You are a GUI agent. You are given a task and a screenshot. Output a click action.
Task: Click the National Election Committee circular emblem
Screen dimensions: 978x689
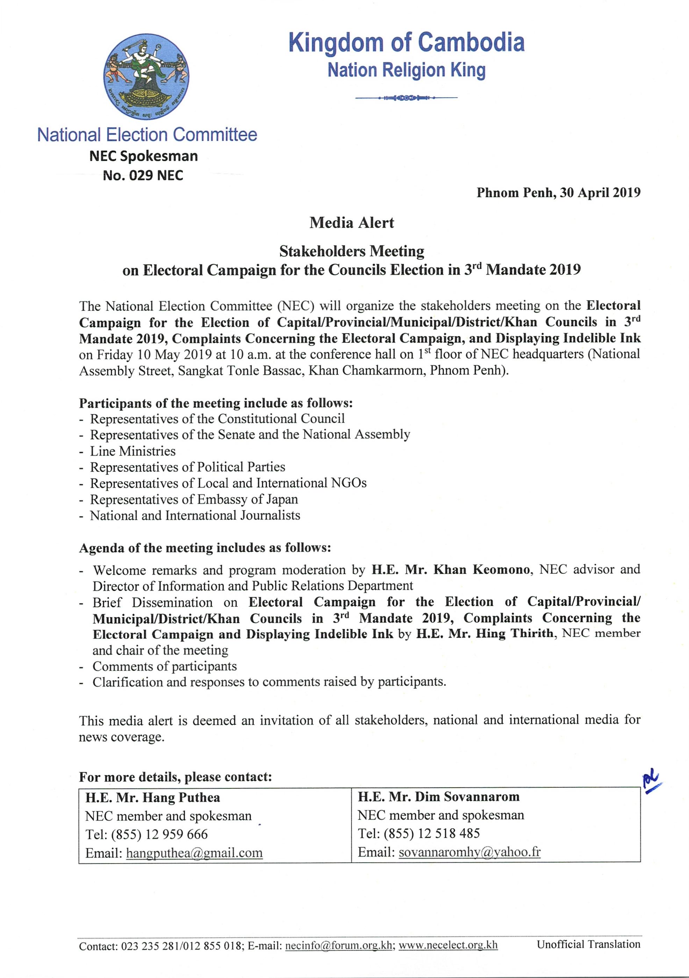tap(146, 77)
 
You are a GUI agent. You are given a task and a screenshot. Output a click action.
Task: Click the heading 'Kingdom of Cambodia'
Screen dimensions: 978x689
tap(407, 43)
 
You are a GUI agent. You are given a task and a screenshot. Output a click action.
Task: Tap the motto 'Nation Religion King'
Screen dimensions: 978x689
tap(407, 70)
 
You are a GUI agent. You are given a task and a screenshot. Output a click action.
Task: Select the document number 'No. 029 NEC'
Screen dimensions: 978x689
tap(143, 176)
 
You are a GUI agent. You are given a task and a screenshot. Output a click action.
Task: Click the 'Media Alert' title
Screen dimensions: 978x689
tap(352, 222)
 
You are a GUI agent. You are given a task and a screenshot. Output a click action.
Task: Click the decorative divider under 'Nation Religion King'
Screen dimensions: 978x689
tap(407, 98)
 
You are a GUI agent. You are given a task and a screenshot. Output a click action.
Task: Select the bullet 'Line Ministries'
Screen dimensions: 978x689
tap(133, 451)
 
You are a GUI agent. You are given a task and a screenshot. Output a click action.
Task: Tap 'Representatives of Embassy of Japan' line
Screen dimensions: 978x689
tap(194, 499)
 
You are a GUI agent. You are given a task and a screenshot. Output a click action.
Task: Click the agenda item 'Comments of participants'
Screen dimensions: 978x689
tap(165, 666)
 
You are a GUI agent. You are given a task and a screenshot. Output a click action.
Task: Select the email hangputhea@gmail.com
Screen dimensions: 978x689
tap(194, 853)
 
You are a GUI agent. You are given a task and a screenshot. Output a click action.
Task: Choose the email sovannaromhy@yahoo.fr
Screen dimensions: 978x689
tap(469, 852)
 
